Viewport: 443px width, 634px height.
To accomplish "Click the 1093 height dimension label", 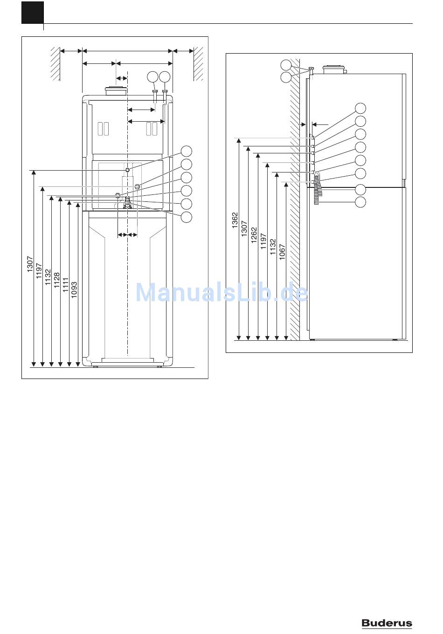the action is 75,290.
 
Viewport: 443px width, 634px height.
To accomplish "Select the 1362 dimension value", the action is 235,221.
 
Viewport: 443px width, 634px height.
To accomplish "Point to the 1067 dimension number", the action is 282,252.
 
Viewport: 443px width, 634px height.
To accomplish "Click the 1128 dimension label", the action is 57,282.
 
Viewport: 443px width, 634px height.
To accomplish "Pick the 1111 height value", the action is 66,286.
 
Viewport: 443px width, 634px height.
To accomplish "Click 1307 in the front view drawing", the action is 30,264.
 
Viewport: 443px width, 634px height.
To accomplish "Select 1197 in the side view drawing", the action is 263,241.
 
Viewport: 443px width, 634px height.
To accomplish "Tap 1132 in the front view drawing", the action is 48,276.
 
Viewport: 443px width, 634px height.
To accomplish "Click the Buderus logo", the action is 387,623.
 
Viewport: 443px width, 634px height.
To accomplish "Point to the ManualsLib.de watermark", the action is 221,293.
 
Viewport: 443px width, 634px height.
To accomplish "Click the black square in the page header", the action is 32,13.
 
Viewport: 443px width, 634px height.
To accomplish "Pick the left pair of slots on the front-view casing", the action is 103,128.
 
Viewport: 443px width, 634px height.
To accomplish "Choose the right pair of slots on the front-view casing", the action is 152,128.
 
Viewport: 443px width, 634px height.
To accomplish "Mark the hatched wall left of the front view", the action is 55,63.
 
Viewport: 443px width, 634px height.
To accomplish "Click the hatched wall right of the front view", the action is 199,63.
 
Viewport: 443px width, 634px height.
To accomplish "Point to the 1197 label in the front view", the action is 39,271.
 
